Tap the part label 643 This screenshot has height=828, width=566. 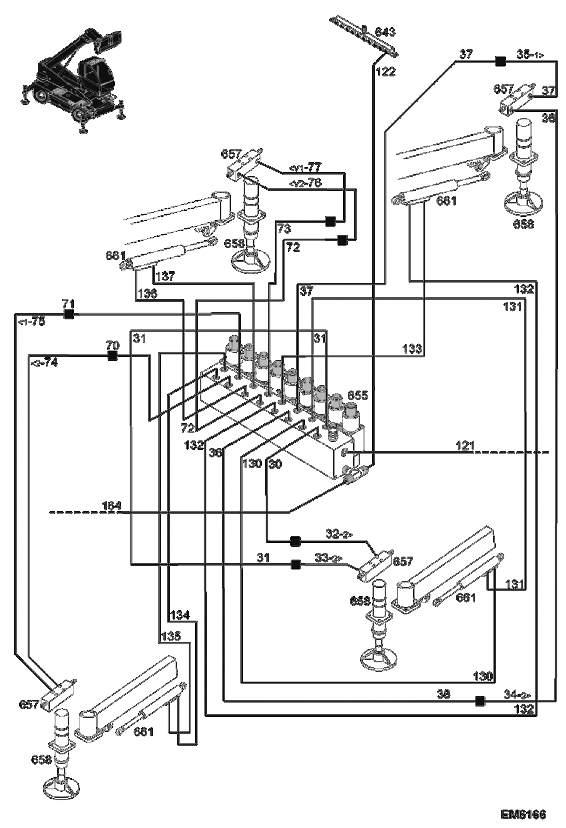[x=385, y=32]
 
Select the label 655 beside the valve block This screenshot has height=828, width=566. [x=357, y=396]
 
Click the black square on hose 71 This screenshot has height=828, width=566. [x=68, y=314]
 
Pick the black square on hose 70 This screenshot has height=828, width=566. [x=112, y=356]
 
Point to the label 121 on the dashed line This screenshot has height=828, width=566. [x=465, y=446]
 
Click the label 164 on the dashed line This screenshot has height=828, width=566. [x=111, y=505]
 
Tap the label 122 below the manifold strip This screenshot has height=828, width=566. [x=385, y=72]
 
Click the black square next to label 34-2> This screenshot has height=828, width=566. [x=479, y=701]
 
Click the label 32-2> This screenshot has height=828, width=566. [x=339, y=534]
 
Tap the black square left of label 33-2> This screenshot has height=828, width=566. [x=295, y=565]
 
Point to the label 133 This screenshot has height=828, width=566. [x=412, y=349]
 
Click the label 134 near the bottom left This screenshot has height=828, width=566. [x=179, y=616]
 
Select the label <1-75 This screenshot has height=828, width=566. [x=32, y=322]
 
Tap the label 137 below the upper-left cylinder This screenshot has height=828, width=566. [x=165, y=277]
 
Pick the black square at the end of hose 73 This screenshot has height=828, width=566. [x=330, y=221]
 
